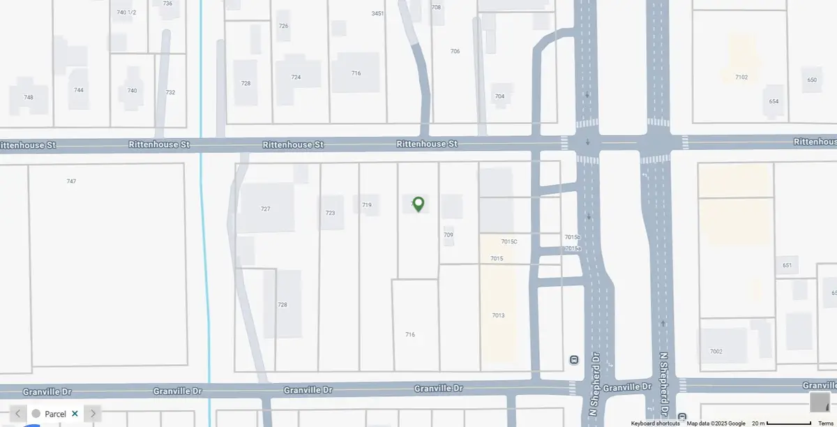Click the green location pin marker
click(x=418, y=204)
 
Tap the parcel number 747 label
click(x=71, y=181)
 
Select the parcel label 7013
click(x=498, y=315)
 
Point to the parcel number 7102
click(x=741, y=77)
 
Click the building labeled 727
click(x=265, y=209)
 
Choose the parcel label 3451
click(x=378, y=13)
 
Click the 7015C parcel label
click(x=509, y=241)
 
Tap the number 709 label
click(x=448, y=235)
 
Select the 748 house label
click(x=29, y=97)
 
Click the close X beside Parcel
click(x=75, y=414)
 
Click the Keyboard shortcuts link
click(x=655, y=424)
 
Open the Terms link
click(x=825, y=424)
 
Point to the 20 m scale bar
click(x=788, y=424)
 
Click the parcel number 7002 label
click(x=716, y=351)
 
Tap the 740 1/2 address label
click(x=126, y=13)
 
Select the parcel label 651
click(x=787, y=265)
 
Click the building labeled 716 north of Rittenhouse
click(x=356, y=73)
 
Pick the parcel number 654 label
click(x=774, y=101)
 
